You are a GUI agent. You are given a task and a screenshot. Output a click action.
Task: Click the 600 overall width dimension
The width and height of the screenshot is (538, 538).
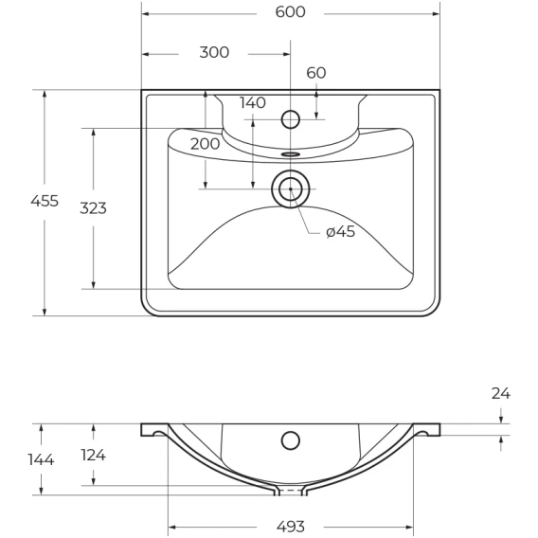(290, 12)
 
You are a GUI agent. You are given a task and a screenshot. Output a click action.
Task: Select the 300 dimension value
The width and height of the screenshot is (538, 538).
(214, 52)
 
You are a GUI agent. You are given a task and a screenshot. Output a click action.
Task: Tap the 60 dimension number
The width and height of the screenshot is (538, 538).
(316, 73)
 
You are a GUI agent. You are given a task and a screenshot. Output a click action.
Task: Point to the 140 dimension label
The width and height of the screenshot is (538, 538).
(253, 102)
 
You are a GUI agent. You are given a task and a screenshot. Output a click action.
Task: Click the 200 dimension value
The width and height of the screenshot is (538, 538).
(205, 144)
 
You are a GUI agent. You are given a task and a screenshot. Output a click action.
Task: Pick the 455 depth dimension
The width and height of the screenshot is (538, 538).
(45, 201)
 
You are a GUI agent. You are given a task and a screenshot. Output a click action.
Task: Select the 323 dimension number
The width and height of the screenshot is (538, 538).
(93, 208)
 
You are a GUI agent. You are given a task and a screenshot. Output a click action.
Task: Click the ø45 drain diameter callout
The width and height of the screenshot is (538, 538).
(340, 232)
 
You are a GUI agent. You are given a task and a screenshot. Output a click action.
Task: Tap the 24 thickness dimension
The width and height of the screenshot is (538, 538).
(501, 393)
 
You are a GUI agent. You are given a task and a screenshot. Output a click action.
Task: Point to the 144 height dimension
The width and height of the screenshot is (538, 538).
(41, 459)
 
